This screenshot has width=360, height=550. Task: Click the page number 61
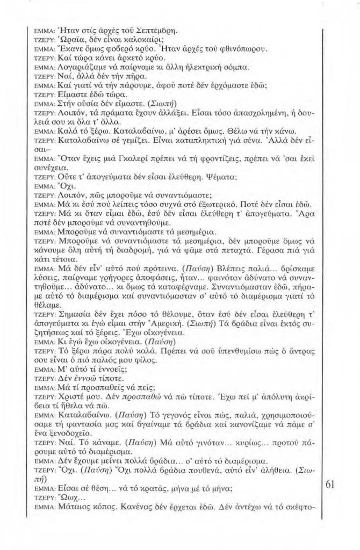pyautogui.click(x=330, y=485)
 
